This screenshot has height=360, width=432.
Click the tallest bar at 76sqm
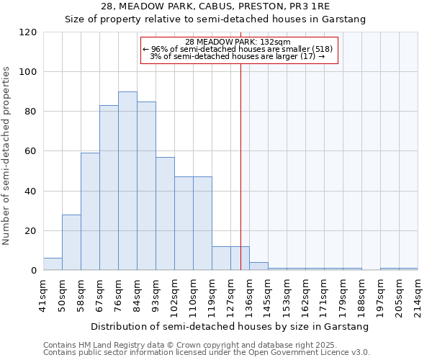[x=127, y=181]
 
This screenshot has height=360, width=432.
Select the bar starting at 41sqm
[x=53, y=264]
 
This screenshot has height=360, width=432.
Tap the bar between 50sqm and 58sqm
[x=71, y=243]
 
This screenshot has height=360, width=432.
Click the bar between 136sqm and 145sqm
[x=258, y=266]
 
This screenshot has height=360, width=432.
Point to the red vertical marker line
[x=240, y=166]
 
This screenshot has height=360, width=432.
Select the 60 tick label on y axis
[x=32, y=151]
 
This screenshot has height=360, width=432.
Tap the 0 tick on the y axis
[x=35, y=271]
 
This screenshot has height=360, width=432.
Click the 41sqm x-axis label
[x=44, y=294]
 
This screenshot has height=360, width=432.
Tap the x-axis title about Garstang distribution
[x=230, y=326]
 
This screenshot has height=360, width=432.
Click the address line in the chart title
[x=215, y=6]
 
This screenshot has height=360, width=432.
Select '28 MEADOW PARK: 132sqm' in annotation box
[x=238, y=42]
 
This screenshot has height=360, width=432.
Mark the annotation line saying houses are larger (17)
[x=238, y=56]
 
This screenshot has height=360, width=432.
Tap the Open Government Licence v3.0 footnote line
[x=207, y=353]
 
